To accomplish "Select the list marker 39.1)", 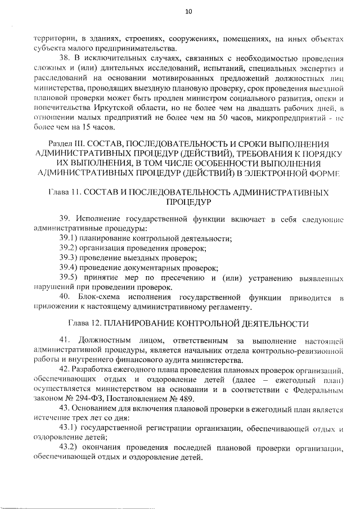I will point(70,238).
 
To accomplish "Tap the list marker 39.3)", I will point(70,258).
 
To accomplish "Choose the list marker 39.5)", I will point(70,277).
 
